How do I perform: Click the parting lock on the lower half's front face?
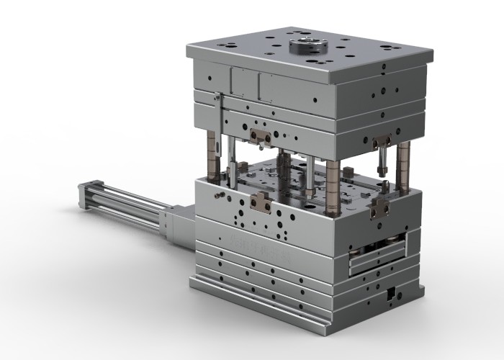261,204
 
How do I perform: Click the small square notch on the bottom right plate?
390,294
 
